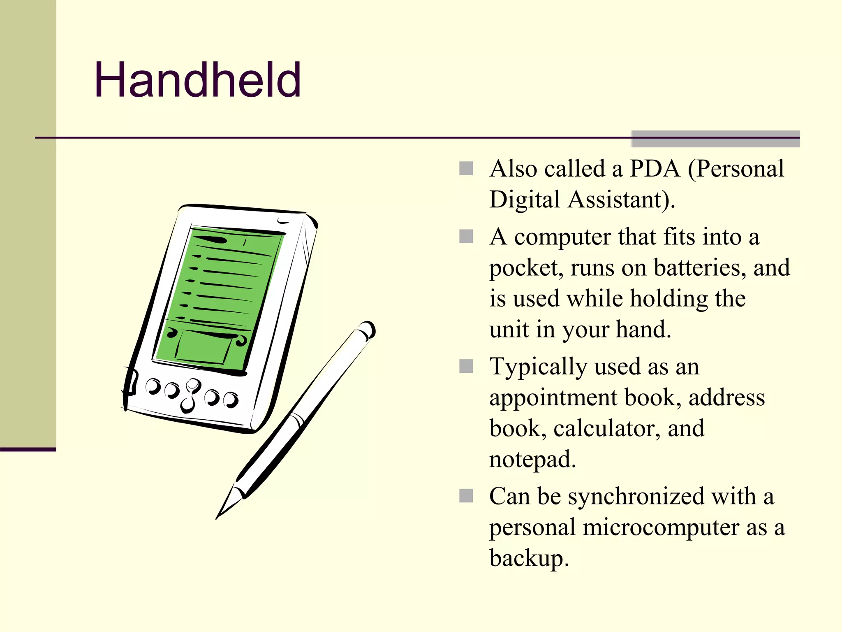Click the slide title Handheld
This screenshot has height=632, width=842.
pos(198,80)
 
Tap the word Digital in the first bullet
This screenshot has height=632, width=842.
pos(525,200)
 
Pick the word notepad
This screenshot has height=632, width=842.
pos(532,460)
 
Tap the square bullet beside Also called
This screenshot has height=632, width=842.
pos(466,168)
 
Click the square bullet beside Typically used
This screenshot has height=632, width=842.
pos(466,366)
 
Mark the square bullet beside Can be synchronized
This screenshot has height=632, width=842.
pos(466,496)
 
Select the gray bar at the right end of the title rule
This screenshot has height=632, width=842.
pos(715,139)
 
